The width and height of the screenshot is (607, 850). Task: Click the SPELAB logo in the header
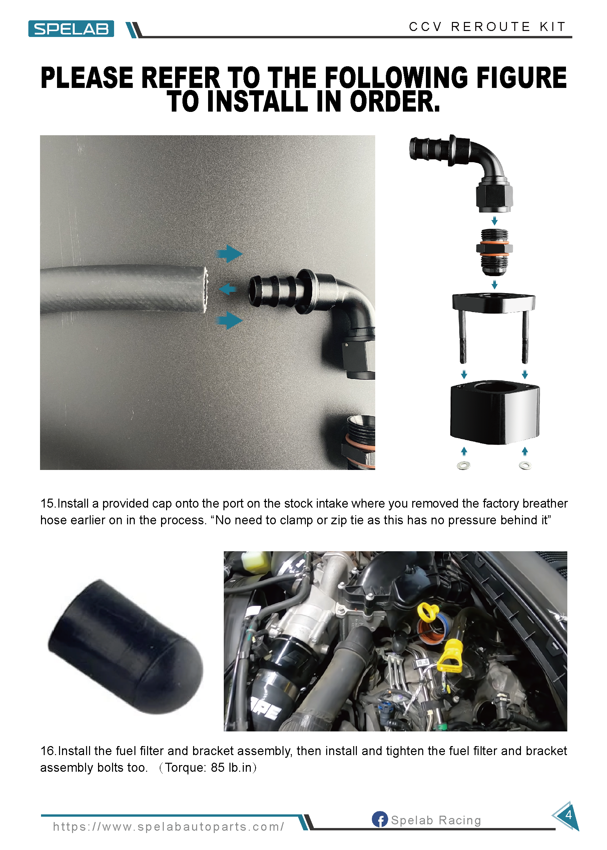[x=71, y=29]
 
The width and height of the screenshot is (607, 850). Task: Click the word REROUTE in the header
[x=490, y=27]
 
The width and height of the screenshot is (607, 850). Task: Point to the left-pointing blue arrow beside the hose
[x=227, y=289]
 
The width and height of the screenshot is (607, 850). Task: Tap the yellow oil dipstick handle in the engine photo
[x=450, y=654]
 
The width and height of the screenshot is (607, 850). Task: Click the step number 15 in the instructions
[x=48, y=504]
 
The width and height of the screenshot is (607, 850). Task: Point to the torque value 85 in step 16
[x=217, y=767]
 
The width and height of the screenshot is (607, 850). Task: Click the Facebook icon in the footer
[x=380, y=819]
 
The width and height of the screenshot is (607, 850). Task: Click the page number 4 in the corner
[x=568, y=815]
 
